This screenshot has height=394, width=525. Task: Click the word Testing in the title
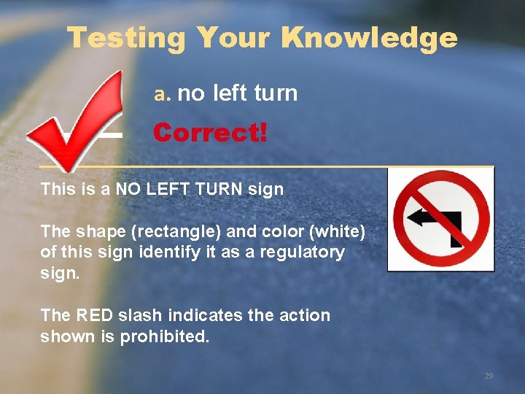coord(126,38)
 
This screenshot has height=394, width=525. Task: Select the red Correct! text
coord(210,134)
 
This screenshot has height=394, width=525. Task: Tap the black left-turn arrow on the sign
coord(437,218)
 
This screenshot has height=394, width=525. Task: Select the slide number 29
coord(489,376)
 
